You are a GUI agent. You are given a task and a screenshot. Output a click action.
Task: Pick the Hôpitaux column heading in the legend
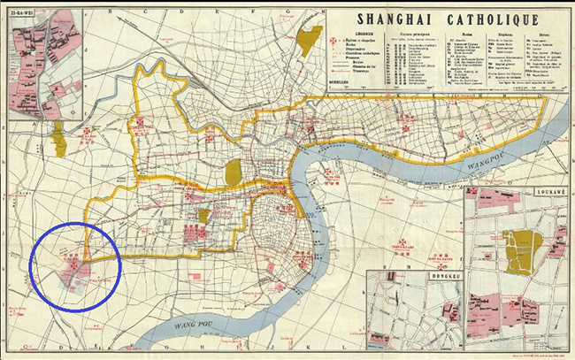[x=510, y=36]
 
